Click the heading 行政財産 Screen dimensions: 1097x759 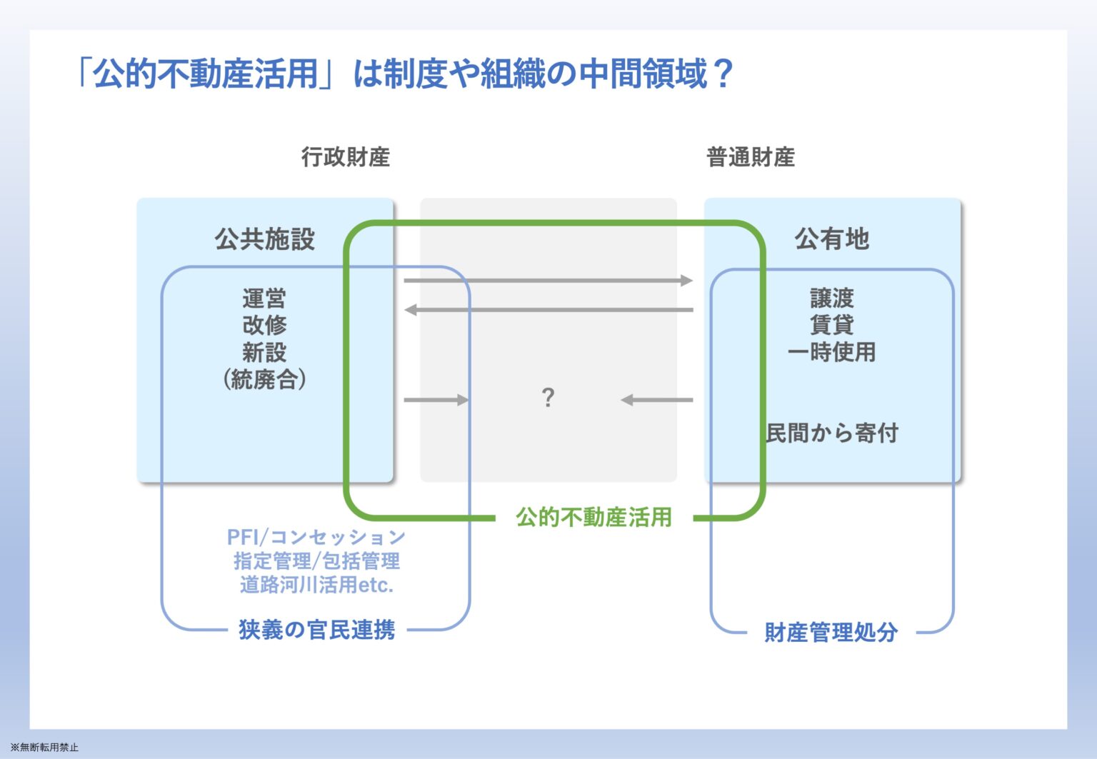(345, 157)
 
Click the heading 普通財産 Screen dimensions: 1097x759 (751, 157)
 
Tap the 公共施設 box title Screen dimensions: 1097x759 (264, 239)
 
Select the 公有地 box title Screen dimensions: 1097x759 (831, 239)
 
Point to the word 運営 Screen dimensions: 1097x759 (264, 298)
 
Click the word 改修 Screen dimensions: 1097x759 (264, 325)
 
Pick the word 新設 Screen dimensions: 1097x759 (264, 352)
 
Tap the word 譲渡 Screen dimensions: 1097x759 (831, 298)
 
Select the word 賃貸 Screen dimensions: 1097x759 (831, 325)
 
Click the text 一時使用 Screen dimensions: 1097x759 (831, 352)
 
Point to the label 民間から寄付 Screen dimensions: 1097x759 (831, 433)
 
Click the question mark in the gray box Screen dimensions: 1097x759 (548, 398)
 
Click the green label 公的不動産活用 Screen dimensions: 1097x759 (593, 518)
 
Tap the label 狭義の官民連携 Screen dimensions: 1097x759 (317, 630)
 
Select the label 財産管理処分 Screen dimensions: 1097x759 (831, 632)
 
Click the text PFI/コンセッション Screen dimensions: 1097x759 (316, 537)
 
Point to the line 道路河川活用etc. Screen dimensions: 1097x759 (317, 585)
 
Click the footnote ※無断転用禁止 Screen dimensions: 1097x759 (44, 748)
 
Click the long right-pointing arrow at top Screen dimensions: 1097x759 (548, 281)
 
